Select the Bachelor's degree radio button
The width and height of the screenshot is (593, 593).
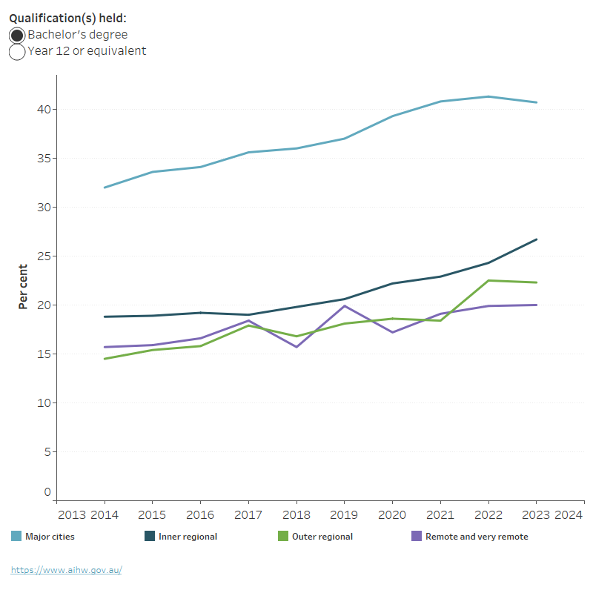[17, 36]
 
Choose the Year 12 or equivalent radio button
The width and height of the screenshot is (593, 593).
[17, 52]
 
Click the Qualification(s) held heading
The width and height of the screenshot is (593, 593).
[68, 19]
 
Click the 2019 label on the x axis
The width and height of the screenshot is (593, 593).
[344, 514]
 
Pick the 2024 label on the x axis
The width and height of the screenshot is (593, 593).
[568, 514]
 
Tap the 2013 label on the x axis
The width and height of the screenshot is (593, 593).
[72, 514]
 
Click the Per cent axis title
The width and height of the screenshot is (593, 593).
[23, 287]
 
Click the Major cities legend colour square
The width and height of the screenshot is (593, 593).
[16, 536]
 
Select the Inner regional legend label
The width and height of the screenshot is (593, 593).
[188, 537]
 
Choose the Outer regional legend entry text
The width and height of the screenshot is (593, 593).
[322, 537]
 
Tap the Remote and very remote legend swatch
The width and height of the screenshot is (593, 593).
[416, 536]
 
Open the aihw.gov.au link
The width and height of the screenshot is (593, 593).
[66, 570]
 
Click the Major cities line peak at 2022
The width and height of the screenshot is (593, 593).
[488, 96]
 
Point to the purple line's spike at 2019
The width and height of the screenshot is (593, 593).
[344, 305]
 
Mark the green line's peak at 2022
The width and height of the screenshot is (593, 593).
[488, 280]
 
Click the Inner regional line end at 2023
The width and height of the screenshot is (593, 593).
[537, 239]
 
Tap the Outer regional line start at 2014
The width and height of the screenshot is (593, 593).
[104, 359]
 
